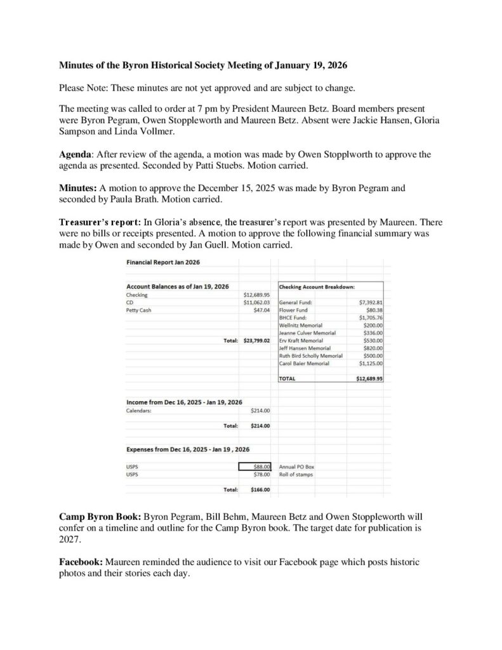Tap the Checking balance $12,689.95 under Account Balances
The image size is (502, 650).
257,295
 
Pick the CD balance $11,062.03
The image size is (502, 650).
257,302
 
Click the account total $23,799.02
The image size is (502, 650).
257,340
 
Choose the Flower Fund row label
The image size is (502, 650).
293,310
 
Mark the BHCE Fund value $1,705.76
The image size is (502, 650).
370,317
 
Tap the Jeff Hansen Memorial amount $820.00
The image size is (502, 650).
373,348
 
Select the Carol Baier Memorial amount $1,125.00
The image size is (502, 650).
370,363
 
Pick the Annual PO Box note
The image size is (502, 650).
296,467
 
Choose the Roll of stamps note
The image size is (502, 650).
296,474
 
